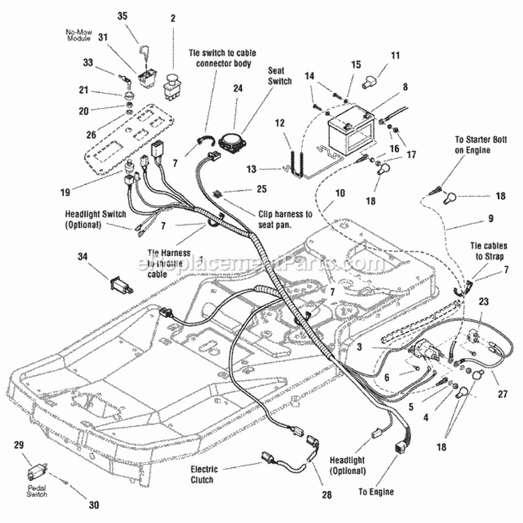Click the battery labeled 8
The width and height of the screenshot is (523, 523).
349,130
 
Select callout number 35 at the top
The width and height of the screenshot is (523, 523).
123,15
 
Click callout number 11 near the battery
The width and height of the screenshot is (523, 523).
395,55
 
